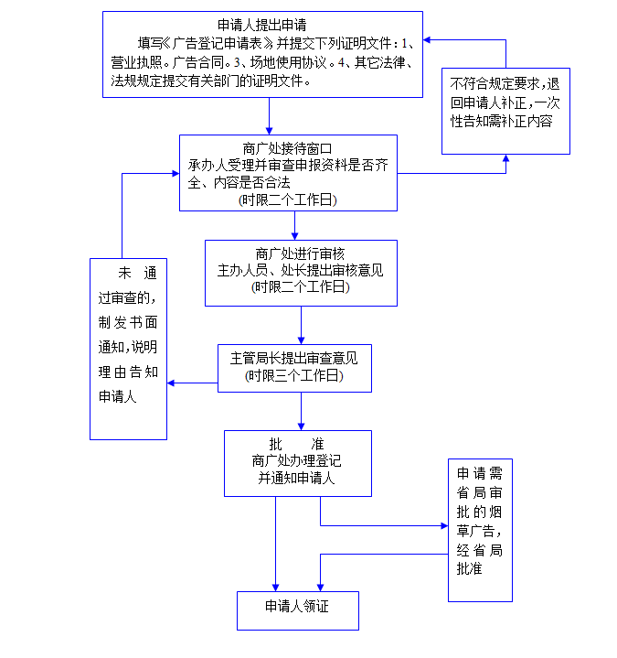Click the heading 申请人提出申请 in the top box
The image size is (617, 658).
[261, 25]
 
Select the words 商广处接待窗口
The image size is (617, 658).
[287, 148]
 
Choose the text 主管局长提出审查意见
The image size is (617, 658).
[293, 358]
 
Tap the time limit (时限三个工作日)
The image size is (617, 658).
[293, 375]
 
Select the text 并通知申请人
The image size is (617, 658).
[296, 478]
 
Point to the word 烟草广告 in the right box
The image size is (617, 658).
[479, 531]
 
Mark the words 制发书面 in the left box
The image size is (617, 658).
[128, 322]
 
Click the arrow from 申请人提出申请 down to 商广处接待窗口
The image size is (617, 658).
[271, 114]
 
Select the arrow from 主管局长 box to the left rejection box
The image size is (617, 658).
[192, 383]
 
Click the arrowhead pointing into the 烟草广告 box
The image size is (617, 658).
[442, 526]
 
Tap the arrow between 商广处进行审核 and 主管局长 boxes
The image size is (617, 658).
[301, 325]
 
